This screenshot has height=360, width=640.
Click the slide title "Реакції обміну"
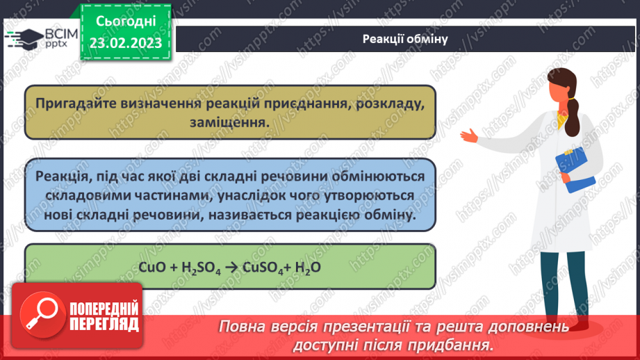coord(404,39)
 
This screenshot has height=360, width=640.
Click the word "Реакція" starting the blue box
coord(58,177)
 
